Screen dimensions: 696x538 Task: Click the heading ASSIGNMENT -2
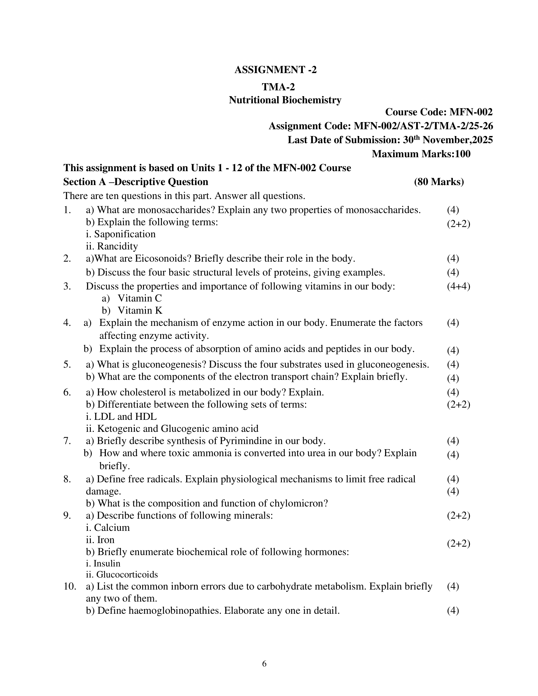click(x=275, y=70)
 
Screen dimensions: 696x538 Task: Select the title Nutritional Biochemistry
click(x=285, y=100)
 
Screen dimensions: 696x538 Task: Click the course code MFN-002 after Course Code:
click(x=471, y=112)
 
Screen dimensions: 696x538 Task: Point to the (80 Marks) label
click(x=439, y=182)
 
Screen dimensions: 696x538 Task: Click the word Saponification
click(x=125, y=234)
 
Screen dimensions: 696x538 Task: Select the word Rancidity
click(x=117, y=246)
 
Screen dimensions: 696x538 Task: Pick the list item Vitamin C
click(x=140, y=298)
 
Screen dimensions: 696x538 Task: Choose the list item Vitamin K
click(x=140, y=310)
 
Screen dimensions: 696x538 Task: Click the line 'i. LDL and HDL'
click(x=122, y=417)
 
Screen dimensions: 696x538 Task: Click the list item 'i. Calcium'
click(x=108, y=528)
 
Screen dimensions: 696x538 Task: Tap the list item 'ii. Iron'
click(x=100, y=540)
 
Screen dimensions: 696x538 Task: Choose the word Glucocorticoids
click(x=127, y=575)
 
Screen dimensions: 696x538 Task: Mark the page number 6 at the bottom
click(x=264, y=664)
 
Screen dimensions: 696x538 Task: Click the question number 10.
click(x=70, y=586)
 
